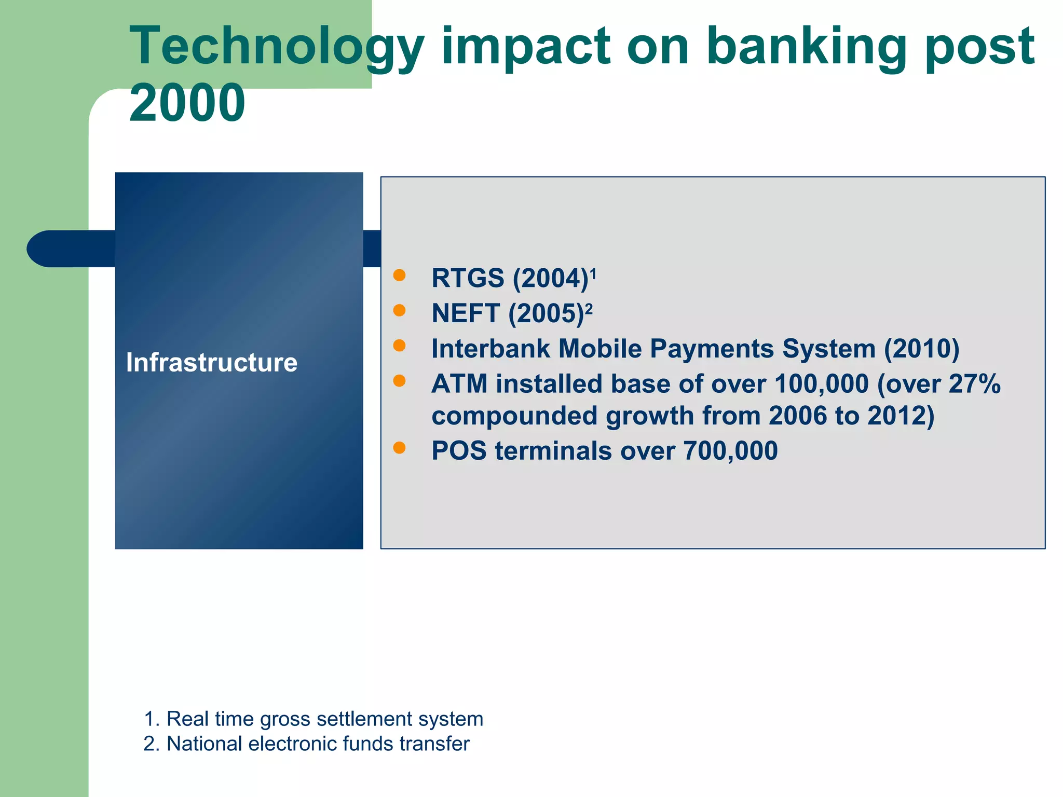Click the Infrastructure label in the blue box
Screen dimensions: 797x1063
(212, 362)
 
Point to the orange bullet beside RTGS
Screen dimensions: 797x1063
(399, 275)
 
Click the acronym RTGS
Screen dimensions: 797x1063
(468, 278)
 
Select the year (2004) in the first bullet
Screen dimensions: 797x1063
(551, 278)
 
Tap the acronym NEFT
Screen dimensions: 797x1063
(466, 313)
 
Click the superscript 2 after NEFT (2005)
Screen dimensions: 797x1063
(589, 308)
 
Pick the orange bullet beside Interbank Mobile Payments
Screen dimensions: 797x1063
(399, 346)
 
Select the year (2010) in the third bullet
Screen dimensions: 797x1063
(922, 349)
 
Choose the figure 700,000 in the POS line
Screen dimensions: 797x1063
(730, 450)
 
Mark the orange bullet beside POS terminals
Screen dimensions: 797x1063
(399, 447)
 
